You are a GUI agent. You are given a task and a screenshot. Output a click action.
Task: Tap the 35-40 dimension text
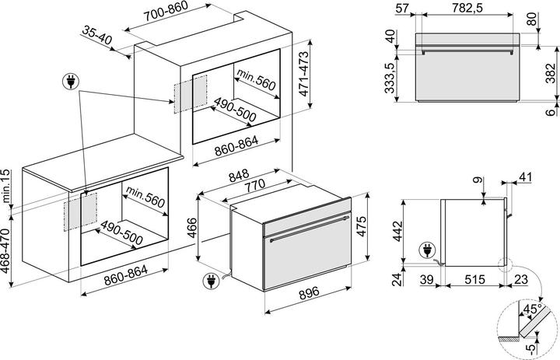click(96, 35)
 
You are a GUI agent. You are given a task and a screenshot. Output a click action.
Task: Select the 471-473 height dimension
click(304, 74)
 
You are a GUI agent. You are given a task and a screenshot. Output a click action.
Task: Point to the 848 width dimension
click(239, 176)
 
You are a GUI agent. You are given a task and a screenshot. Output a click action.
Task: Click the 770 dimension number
click(254, 185)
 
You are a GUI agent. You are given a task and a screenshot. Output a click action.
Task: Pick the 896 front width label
click(309, 293)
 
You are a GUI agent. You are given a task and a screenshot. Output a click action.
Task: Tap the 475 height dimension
click(361, 226)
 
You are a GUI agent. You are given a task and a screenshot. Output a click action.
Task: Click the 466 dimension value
click(192, 228)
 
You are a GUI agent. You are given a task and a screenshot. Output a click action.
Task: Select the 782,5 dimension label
click(467, 8)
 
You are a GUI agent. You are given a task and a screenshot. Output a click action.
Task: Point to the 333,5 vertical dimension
click(390, 78)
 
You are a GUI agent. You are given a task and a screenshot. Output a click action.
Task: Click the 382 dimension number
click(551, 73)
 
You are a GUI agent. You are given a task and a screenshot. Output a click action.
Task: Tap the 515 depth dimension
click(474, 279)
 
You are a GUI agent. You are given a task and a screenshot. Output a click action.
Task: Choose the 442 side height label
click(397, 232)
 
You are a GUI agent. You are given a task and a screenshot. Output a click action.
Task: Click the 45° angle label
click(532, 309)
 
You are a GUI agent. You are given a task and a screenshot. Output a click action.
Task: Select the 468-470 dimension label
click(6, 251)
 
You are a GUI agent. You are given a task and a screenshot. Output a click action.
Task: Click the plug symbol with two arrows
click(71, 82)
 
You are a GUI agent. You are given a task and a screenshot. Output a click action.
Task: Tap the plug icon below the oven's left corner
click(211, 281)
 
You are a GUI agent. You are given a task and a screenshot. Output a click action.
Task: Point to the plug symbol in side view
click(428, 250)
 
